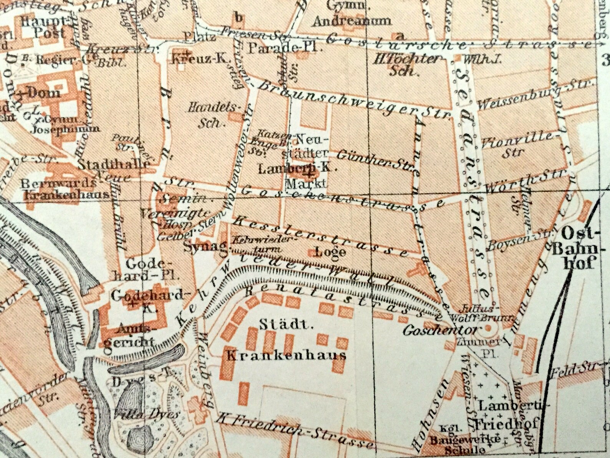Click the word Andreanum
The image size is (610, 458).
(x=351, y=21)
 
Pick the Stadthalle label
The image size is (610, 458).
(x=114, y=164)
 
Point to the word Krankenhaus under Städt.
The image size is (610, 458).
(x=286, y=354)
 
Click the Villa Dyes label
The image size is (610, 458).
(x=147, y=414)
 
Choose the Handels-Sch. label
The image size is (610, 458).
(x=213, y=115)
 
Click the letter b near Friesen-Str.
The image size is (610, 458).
(x=239, y=17)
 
